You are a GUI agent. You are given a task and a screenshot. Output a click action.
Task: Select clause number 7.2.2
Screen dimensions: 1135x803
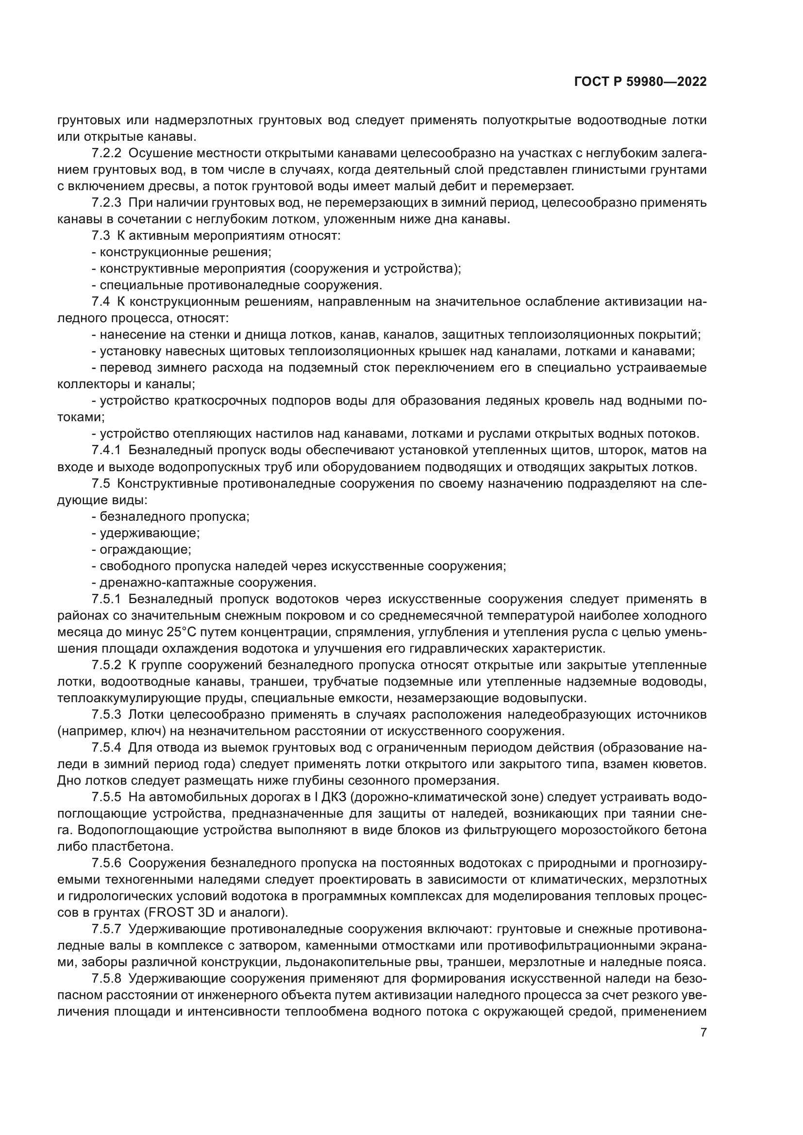106,153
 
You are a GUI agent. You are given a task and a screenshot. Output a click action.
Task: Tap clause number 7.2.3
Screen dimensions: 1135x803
106,203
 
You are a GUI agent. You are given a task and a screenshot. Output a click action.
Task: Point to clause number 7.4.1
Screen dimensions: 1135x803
106,450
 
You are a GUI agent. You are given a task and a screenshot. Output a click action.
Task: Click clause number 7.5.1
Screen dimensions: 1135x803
106,599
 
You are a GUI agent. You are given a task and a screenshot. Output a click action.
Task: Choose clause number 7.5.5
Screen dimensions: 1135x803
106,797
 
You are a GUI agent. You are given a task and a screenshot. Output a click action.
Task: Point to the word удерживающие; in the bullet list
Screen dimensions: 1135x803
150,533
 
